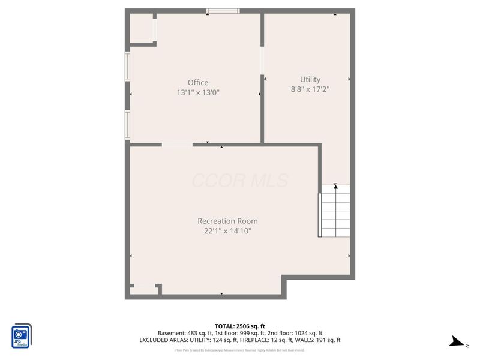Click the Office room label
click(197, 83)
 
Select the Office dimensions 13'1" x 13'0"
click(197, 93)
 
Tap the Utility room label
click(310, 79)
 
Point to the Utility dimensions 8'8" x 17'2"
click(310, 89)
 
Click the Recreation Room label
click(227, 221)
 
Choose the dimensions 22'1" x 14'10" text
click(227, 231)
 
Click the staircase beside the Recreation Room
click(335, 211)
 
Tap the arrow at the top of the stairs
click(335, 188)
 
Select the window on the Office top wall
click(223, 11)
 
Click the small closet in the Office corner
click(142, 29)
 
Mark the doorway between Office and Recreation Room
click(177, 144)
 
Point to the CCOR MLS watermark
click(240, 180)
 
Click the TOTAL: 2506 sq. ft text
click(240, 326)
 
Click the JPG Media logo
click(22, 335)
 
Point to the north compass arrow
click(458, 343)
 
